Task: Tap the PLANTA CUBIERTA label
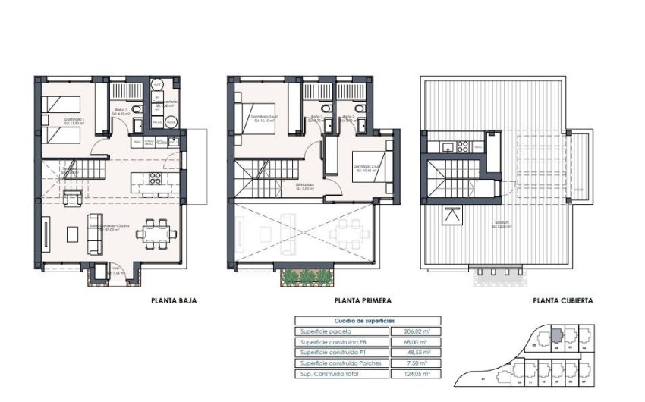563,300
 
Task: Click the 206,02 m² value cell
411,331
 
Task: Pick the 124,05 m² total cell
411,374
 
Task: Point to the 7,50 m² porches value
411,363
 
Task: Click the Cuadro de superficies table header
363,321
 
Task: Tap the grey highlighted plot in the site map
556,334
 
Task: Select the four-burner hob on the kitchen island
155,180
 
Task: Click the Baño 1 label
122,111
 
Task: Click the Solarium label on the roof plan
499,224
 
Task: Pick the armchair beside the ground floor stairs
73,199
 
